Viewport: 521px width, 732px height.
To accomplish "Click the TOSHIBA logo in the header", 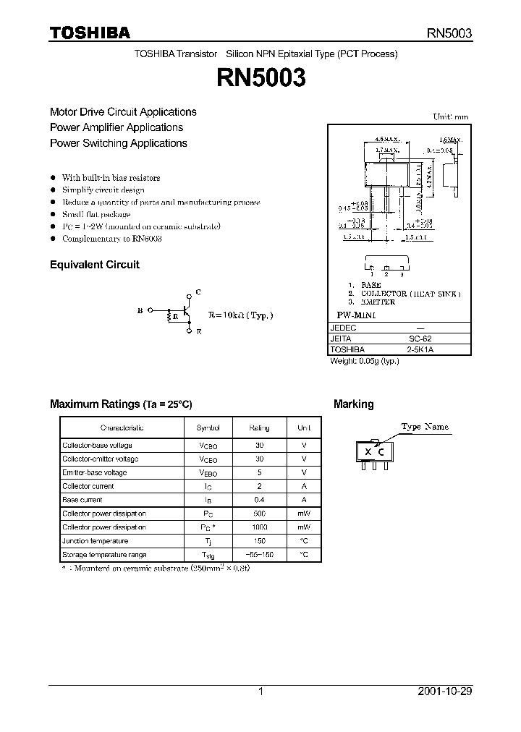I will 90,33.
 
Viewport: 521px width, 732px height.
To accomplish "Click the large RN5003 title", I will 260,77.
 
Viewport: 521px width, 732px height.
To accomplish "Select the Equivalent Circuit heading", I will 94,265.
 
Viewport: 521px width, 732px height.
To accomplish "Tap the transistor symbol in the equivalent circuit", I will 187,313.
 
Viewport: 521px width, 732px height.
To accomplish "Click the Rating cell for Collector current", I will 259,486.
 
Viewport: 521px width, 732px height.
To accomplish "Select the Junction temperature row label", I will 95,541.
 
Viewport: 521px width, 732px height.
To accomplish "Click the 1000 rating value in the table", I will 259,527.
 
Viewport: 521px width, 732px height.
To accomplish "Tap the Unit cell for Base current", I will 304,500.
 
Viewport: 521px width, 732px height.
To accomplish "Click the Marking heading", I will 353,404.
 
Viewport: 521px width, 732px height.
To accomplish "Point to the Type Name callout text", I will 425,427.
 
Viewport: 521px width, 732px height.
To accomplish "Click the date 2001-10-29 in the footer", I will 444,691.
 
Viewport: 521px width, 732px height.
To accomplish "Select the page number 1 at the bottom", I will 260,691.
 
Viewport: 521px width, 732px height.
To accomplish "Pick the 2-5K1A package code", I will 420,349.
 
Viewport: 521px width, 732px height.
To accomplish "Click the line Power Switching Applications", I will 119,143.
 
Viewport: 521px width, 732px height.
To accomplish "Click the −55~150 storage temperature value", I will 259,555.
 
